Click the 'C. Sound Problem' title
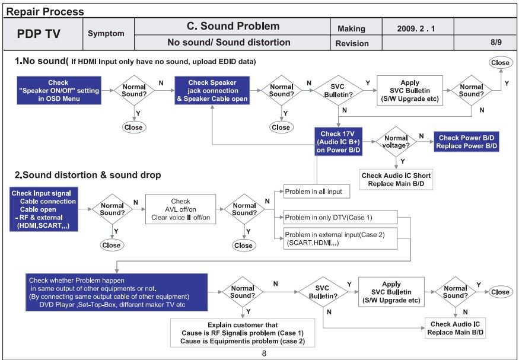point(233,27)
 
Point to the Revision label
point(352,43)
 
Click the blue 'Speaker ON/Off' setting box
point(58,91)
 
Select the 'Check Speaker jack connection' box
point(212,91)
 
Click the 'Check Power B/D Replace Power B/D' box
point(466,142)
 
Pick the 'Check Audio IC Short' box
point(396,180)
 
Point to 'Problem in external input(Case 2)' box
point(339,238)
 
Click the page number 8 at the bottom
point(264,353)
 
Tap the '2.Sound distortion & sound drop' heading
point(88,175)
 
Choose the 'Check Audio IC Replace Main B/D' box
point(456,329)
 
